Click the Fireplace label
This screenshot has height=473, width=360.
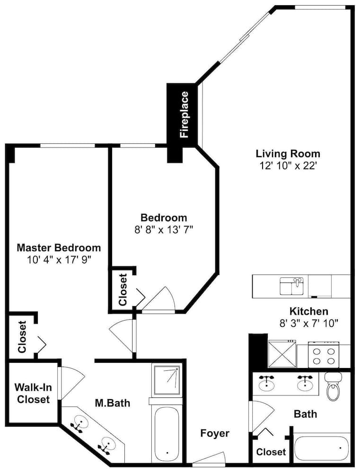(184, 115)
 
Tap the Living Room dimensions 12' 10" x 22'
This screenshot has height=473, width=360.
(288, 166)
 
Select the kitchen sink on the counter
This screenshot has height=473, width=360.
(292, 286)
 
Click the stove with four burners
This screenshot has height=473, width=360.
(324, 355)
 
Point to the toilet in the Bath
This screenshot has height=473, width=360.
(333, 386)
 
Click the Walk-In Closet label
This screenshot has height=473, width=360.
(33, 393)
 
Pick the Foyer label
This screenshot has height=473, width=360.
(215, 433)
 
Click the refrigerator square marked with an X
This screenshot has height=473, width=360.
(282, 354)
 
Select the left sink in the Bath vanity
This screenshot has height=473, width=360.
(266, 381)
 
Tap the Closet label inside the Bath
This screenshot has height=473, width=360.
(271, 452)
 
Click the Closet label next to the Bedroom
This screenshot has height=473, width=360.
(123, 289)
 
